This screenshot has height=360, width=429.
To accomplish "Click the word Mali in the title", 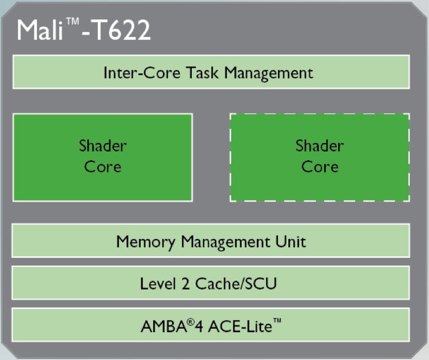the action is tap(40, 30).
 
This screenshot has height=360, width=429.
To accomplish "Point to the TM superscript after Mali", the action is tap(73, 21).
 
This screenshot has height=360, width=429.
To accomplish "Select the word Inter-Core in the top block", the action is tap(142, 73).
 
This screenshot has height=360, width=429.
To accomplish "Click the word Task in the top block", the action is tap(203, 73).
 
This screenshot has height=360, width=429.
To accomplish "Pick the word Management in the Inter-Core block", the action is tap(268, 73).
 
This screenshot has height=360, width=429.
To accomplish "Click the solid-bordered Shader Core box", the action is tap(103, 158).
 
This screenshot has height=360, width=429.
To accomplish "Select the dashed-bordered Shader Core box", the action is tap(319, 158).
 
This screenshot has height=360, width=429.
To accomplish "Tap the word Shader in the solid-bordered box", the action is tap(103, 145).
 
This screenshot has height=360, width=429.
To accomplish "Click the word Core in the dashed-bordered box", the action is tap(320, 166).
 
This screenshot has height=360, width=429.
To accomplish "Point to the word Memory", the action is tap(145, 242).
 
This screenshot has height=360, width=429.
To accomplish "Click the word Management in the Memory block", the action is tap(225, 242).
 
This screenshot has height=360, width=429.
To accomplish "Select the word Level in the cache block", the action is tap(158, 283).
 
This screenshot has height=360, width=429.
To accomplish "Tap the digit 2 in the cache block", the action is tap(185, 284).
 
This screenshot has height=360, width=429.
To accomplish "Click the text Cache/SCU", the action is tap(236, 283).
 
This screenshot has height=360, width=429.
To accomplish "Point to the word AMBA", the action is tap(163, 326).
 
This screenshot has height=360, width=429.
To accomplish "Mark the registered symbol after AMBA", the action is tap(191, 322).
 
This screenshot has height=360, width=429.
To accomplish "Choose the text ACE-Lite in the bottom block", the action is tap(240, 326).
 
